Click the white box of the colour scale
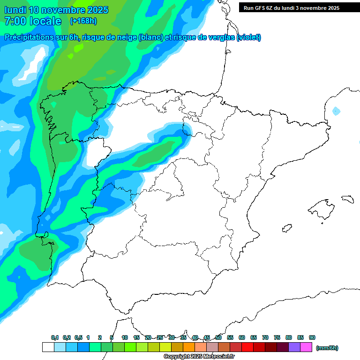pyautogui.click(x=48, y=347)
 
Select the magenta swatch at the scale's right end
pyautogui.click(x=306, y=347)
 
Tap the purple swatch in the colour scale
pyautogui.click(x=294, y=347)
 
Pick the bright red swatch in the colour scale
pyautogui.click(x=247, y=347)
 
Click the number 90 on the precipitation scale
pyautogui.click(x=312, y=337)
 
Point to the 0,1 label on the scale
pyautogui.click(x=55, y=337)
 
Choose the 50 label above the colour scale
pyautogui.click(x=218, y=337)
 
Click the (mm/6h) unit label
pyautogui.click(x=327, y=348)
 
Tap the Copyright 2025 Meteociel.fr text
pyautogui.click(x=199, y=356)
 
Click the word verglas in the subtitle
pyautogui.click(x=220, y=37)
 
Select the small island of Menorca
pyautogui.click(x=347, y=199)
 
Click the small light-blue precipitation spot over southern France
pyautogui.click(x=336, y=111)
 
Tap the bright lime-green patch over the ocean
pyautogui.click(x=71, y=56)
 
